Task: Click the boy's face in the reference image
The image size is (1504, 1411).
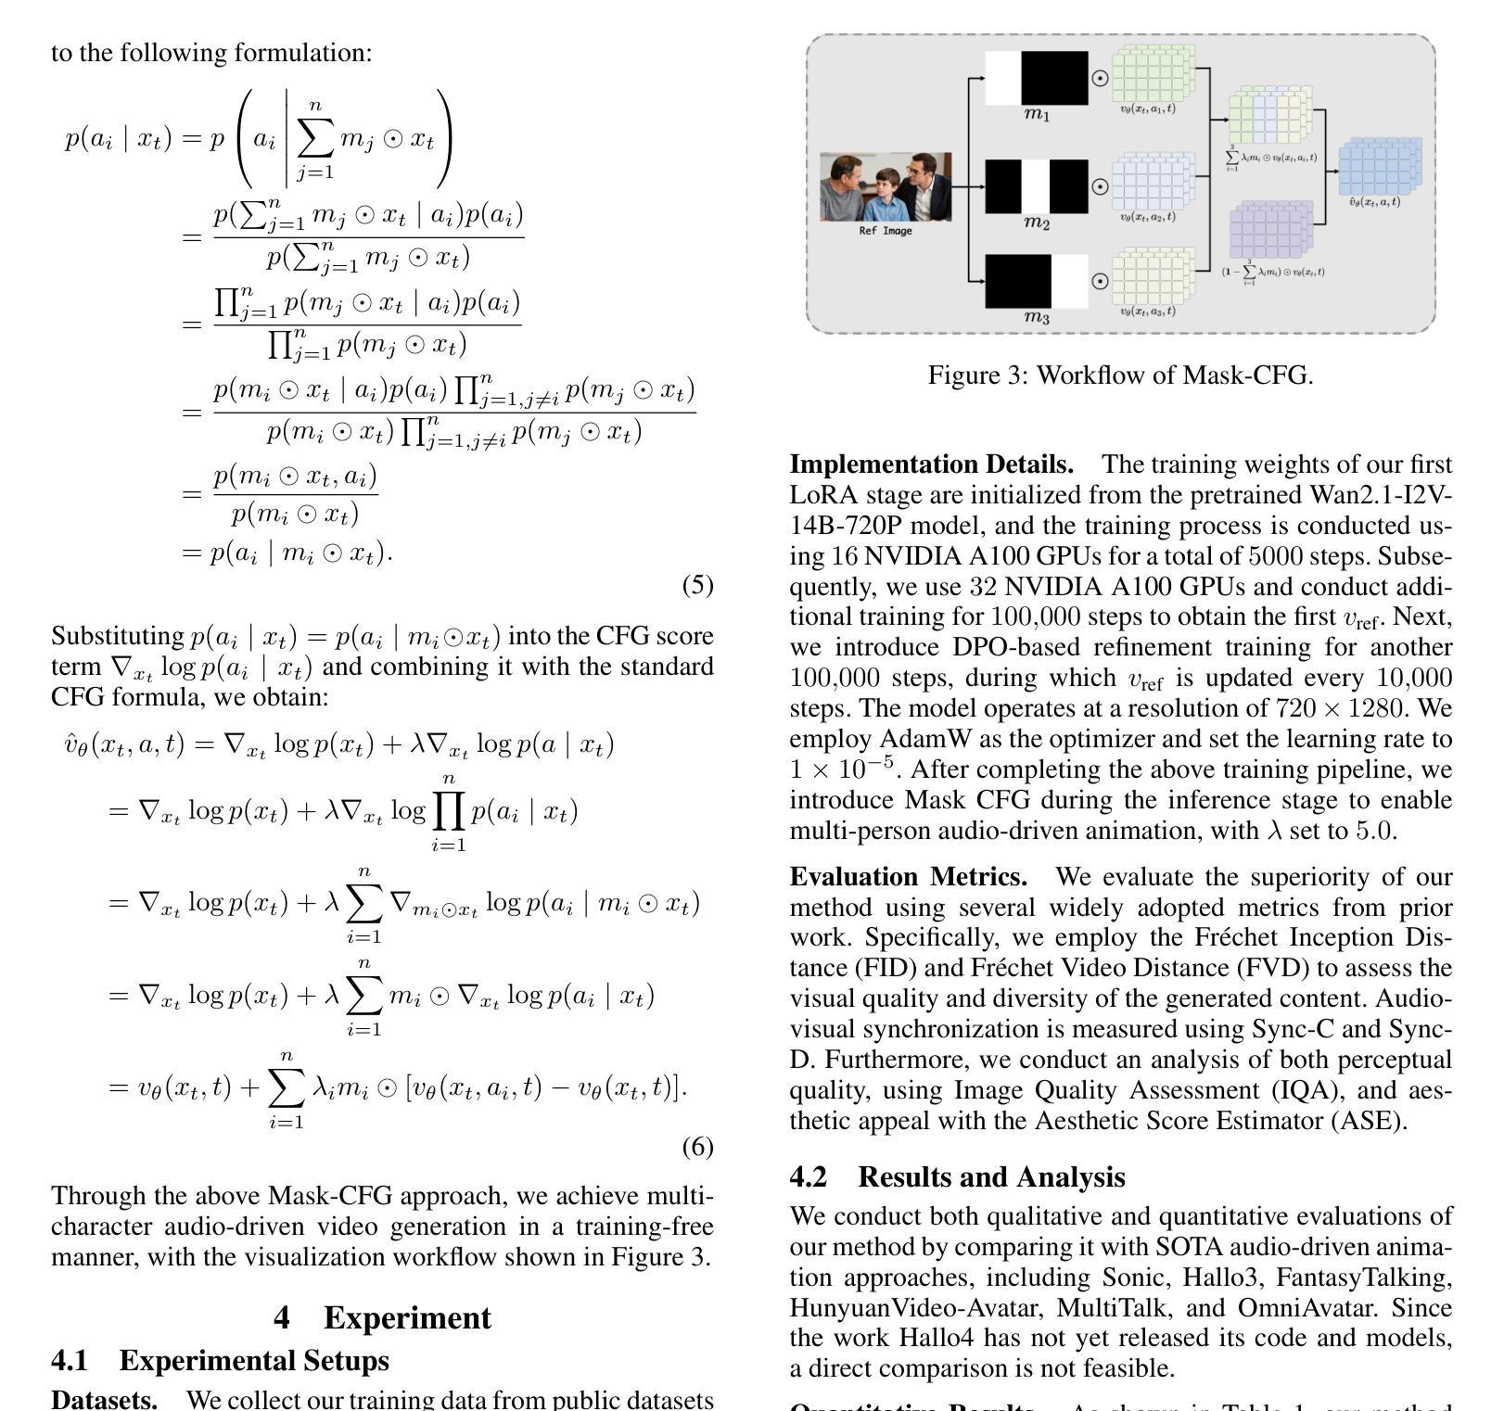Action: tap(889, 181)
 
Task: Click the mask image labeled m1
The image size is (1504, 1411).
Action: tap(1036, 78)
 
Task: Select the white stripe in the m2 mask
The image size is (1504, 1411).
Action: tap(1036, 186)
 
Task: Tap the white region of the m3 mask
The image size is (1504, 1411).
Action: tap(1069, 281)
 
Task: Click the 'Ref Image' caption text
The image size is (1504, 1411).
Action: tap(886, 231)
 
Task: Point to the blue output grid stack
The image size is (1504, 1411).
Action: tap(1379, 166)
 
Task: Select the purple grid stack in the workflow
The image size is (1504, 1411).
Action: tap(1270, 231)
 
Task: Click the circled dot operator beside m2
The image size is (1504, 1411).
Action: tap(1100, 186)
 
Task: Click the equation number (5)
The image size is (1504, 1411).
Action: tap(697, 585)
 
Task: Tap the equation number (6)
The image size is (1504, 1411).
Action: tap(697, 1147)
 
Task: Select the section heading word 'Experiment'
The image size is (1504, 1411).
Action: tap(407, 1317)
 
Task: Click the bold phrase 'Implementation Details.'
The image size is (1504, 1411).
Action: tap(931, 464)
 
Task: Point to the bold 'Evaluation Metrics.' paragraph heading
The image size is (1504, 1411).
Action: tap(908, 876)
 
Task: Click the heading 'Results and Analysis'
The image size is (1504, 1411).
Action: tap(991, 1176)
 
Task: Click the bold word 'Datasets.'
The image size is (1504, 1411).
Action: tap(104, 1399)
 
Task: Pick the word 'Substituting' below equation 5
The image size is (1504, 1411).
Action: tap(117, 636)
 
